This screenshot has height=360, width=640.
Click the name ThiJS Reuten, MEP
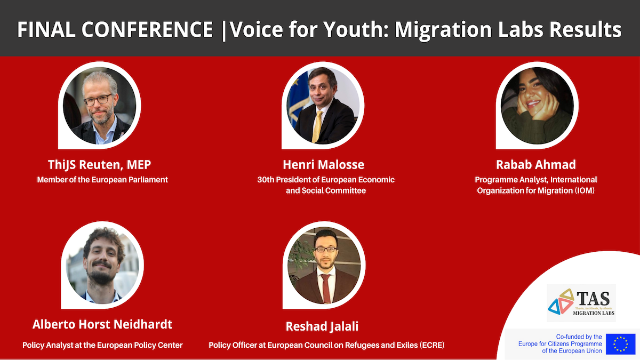pos(99,165)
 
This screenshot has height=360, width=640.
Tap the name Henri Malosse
pos(323,165)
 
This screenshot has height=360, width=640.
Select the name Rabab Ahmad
pos(536,165)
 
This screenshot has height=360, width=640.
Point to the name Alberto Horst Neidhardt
pos(102,324)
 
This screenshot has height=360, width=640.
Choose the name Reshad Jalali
pos(322,326)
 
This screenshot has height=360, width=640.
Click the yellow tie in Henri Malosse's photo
pos(317,126)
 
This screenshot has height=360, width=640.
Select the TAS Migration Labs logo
pos(581,303)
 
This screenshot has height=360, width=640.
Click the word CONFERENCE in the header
pos(147,29)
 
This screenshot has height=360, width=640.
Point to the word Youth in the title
pos(356,29)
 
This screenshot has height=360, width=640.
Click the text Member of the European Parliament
pos(102,180)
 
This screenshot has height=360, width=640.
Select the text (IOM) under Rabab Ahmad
pos(585,190)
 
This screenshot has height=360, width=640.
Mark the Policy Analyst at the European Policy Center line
pos(102,345)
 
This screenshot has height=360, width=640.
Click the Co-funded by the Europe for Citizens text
pos(560,343)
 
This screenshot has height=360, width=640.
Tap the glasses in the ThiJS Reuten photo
pos(98,100)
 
